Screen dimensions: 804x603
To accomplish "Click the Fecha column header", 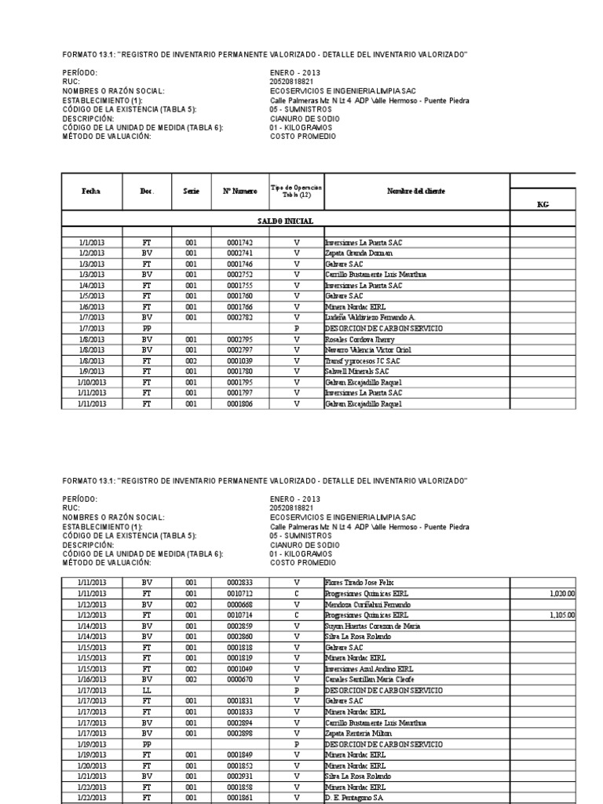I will [91, 192].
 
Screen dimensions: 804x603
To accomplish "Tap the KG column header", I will [543, 203].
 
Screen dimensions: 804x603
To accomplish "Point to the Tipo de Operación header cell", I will [296, 192].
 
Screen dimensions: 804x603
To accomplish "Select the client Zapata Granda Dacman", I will [360, 254].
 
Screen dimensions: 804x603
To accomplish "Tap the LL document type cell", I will [147, 690].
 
